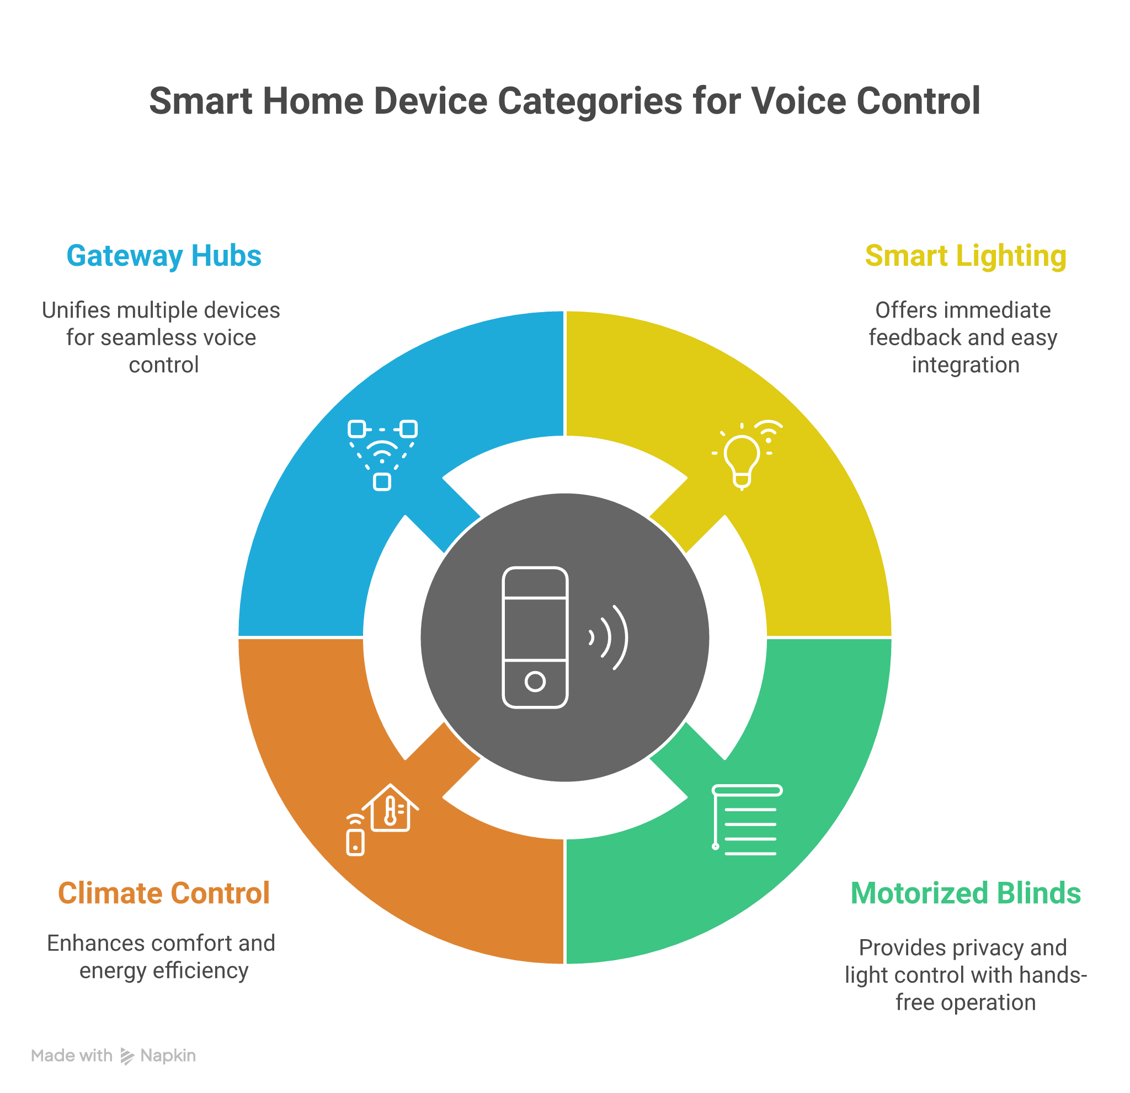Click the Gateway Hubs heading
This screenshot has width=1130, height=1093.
164,256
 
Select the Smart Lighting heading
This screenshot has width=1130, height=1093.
965,256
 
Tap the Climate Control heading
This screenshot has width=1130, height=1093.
164,893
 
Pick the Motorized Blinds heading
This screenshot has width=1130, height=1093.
965,893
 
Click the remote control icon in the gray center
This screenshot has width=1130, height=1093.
535,637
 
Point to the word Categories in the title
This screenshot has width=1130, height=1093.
590,101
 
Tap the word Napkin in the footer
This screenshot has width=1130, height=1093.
168,1056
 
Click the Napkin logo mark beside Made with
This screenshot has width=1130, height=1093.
127,1056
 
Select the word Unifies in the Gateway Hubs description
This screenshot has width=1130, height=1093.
76,310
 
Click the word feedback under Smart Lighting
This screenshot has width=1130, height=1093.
908,337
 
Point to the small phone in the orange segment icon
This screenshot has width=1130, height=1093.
355,841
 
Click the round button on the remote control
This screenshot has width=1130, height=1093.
535,682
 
